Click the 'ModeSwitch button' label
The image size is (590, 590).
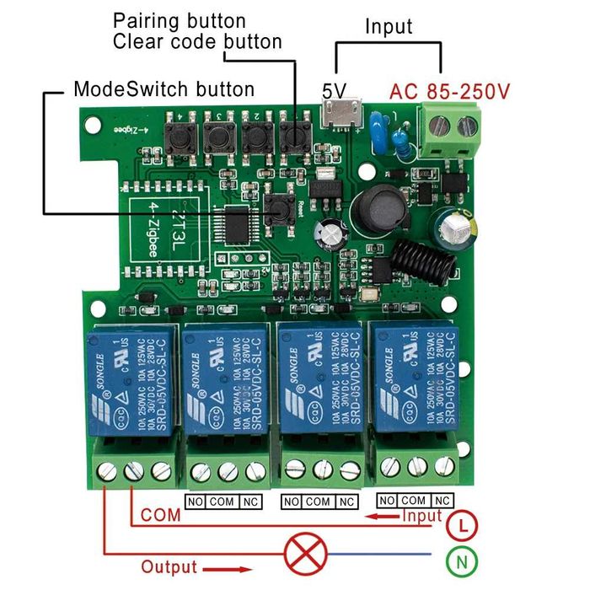tap(164, 88)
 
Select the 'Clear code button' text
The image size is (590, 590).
tap(197, 41)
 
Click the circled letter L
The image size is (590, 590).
tap(459, 526)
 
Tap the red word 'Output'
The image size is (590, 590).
tap(169, 567)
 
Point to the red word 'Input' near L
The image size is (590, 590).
tap(421, 515)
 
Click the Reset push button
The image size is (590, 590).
tap(278, 208)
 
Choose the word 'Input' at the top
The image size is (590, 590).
tap(389, 26)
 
